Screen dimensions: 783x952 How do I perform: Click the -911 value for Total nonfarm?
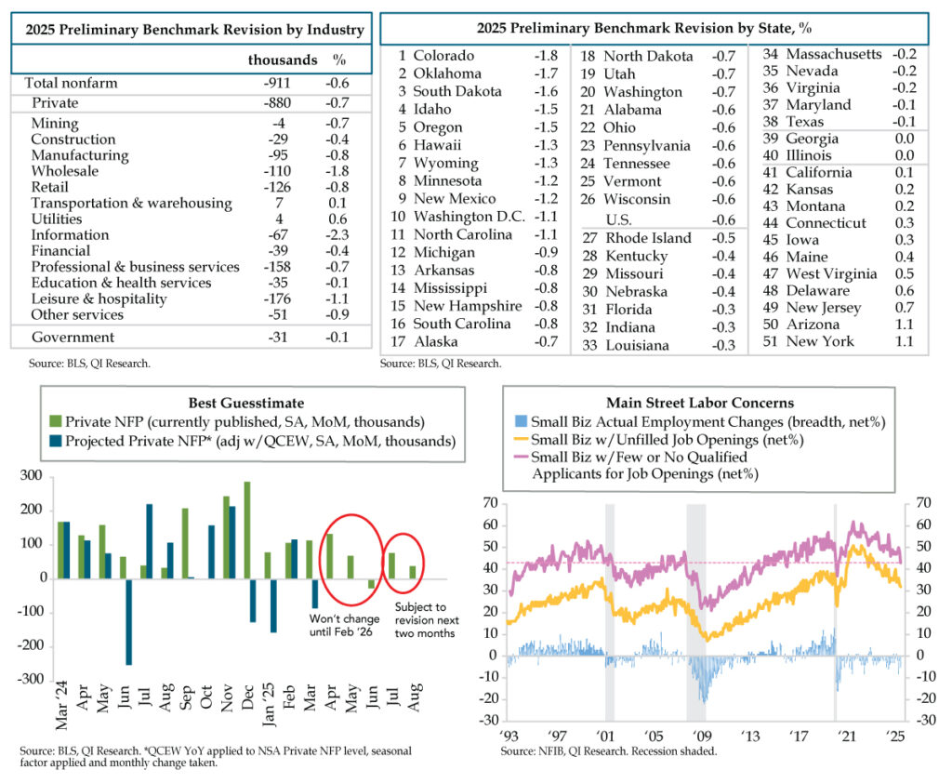(x=279, y=83)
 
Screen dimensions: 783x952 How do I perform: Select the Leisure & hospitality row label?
(x=99, y=299)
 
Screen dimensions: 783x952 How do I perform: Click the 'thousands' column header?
(x=283, y=60)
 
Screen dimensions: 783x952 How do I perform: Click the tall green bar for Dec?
(x=247, y=530)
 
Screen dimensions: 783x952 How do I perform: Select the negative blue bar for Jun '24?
(x=129, y=621)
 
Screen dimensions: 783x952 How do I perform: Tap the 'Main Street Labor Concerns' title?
(x=700, y=403)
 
